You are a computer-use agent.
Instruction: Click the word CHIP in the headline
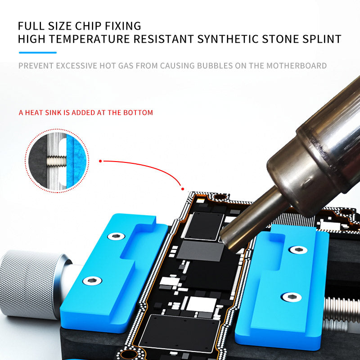[x=88, y=26]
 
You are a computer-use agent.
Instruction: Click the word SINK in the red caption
[x=54, y=113]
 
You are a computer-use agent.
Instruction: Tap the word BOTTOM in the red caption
[x=138, y=113]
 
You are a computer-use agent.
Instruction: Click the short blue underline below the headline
[x=38, y=53]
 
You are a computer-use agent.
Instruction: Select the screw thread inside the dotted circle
[x=57, y=161]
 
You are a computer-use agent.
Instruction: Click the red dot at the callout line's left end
[x=100, y=161]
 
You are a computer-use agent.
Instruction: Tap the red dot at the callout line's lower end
[x=183, y=189]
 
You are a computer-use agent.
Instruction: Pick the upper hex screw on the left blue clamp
[x=116, y=236]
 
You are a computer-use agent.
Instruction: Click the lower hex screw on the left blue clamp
[x=92, y=281]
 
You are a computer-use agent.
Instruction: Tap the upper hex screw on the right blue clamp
[x=298, y=250]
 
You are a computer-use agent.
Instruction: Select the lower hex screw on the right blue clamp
[x=292, y=297]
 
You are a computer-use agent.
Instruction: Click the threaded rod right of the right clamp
[x=342, y=310]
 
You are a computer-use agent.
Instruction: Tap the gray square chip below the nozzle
[x=200, y=251]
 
